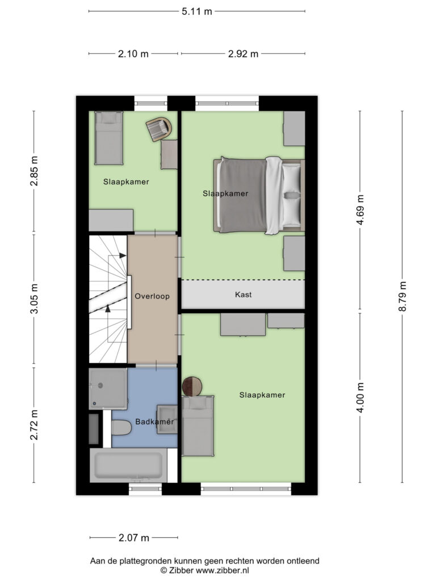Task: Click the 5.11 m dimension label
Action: coord(197,11)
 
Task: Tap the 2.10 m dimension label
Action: coord(133,54)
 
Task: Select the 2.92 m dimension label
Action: coord(243,54)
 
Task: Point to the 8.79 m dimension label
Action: coord(402,296)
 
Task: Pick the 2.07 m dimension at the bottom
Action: coord(134,537)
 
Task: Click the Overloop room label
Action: coord(152,296)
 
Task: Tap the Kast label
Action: coord(243,295)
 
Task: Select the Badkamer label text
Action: coord(154,422)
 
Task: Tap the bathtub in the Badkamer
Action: coord(128,465)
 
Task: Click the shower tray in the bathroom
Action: coord(108,388)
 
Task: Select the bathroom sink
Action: coord(167,419)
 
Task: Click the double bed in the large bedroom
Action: coord(258,195)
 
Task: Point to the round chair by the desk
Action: coord(158,129)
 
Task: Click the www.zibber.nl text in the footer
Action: coord(223,570)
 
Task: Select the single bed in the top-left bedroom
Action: coord(108,138)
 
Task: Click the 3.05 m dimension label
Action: coord(33,298)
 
